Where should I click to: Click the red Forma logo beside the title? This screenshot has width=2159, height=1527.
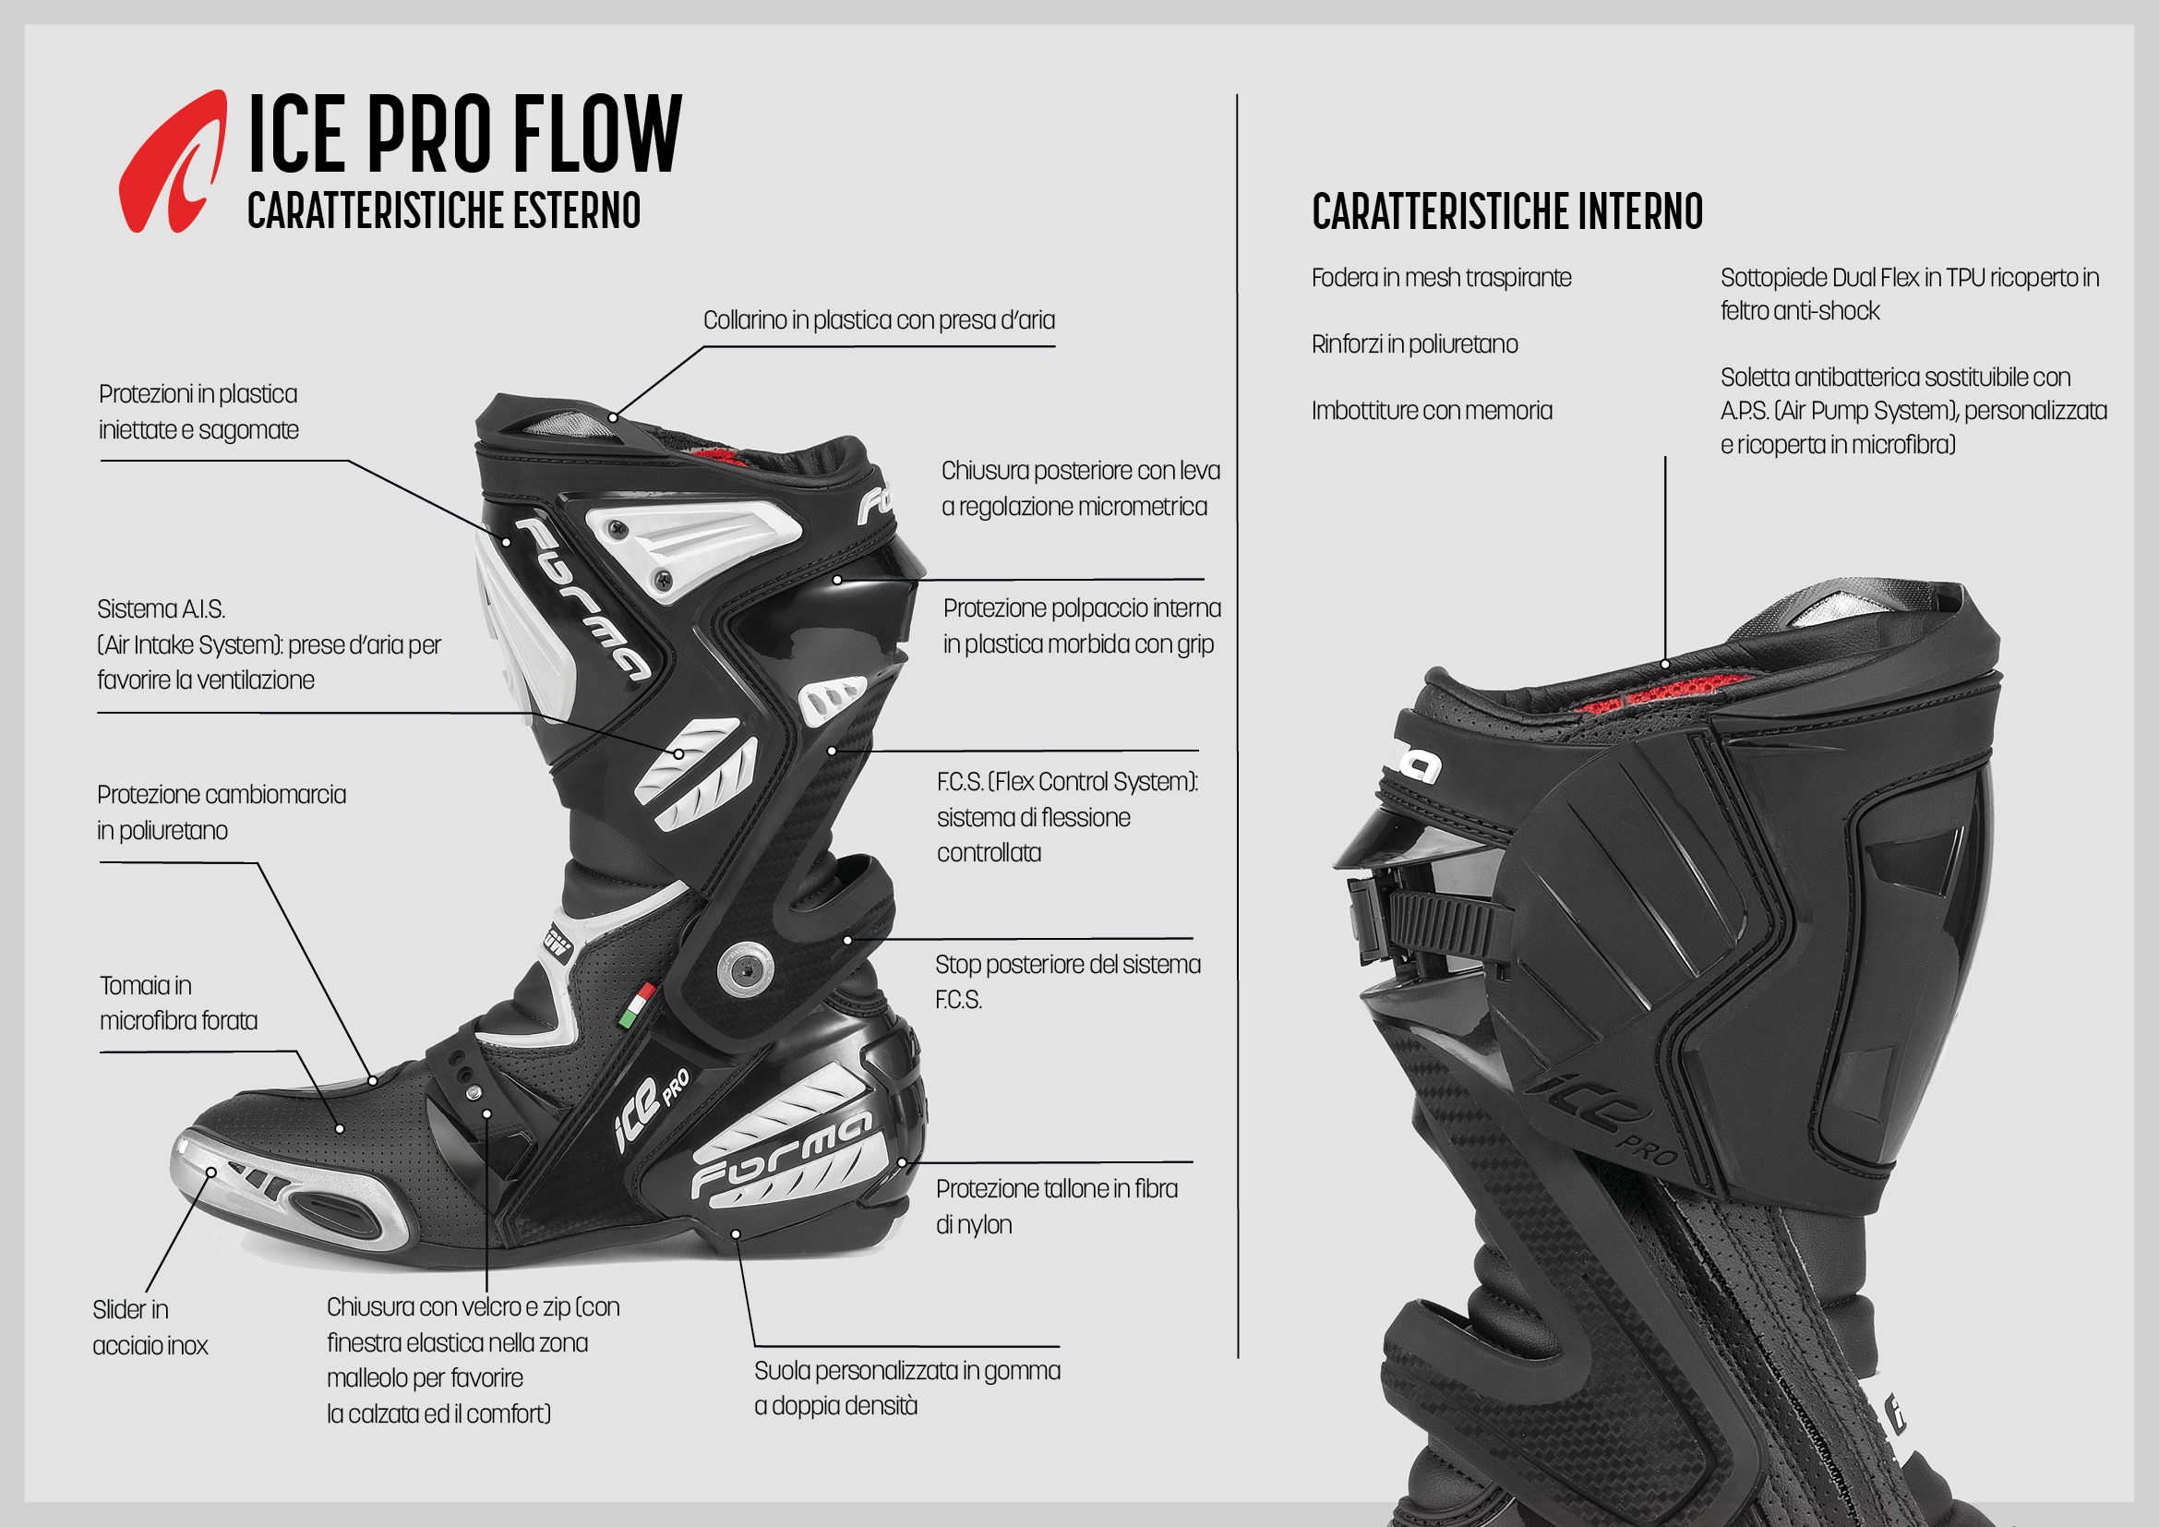[x=172, y=161]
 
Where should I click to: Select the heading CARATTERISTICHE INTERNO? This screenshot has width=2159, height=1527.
[x=1507, y=210]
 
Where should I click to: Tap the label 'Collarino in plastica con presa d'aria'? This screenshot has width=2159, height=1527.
[x=880, y=320]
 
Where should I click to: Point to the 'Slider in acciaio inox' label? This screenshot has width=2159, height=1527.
[x=150, y=1327]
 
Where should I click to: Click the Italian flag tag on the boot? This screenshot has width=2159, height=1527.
[x=637, y=1005]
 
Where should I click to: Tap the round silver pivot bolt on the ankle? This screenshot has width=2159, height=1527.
[x=746, y=968]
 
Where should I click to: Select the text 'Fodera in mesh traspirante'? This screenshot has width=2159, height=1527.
[x=1442, y=277]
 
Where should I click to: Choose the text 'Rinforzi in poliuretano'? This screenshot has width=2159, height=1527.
[x=1414, y=344]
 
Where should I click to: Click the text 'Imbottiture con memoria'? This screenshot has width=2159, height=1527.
[x=1433, y=410]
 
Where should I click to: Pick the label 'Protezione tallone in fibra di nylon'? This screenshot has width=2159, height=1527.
[x=1056, y=1207]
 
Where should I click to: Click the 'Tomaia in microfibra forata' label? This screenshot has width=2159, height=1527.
[x=179, y=1003]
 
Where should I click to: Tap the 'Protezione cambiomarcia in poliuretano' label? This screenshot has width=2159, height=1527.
[x=222, y=812]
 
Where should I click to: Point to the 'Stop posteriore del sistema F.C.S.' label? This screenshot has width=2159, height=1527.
[x=1067, y=981]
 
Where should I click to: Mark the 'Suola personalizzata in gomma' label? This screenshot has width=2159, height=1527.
[x=907, y=1371]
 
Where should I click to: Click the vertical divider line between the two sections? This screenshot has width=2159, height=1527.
[x=1238, y=726]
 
